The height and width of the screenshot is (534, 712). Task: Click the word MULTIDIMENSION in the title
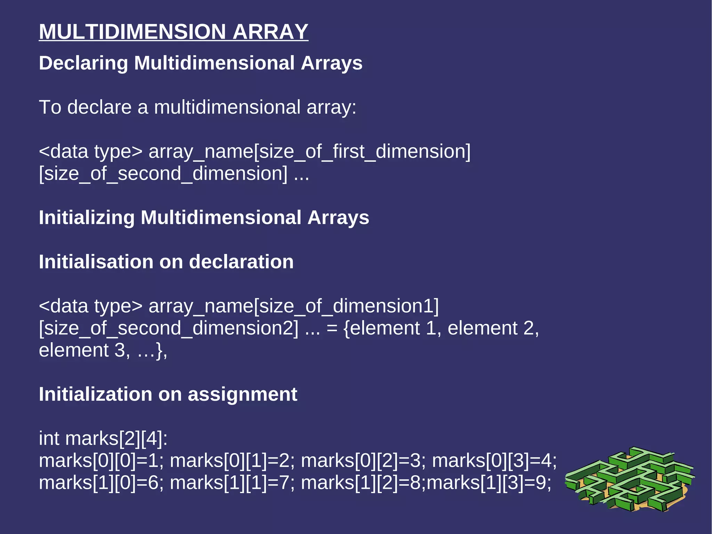pyautogui.click(x=132, y=32)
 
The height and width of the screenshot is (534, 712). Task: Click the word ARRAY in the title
pyautogui.click(x=270, y=32)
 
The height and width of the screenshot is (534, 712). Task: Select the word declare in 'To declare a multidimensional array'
pyautogui.click(x=99, y=107)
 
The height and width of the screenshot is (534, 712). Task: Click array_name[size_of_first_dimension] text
pyautogui.click(x=309, y=152)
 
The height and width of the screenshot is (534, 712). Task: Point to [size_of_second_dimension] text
pyautogui.click(x=163, y=174)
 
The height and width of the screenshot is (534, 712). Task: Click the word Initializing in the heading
pyautogui.click(x=87, y=218)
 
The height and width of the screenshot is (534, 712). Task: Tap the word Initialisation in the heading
pyautogui.click(x=96, y=262)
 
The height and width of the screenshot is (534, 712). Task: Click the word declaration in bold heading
pyautogui.click(x=241, y=262)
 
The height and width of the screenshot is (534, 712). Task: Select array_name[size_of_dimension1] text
pyautogui.click(x=294, y=306)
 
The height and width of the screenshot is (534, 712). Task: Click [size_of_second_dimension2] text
pyautogui.click(x=169, y=328)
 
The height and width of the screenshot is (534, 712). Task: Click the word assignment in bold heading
pyautogui.click(x=242, y=394)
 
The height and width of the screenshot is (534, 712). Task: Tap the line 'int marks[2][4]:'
pyautogui.click(x=103, y=438)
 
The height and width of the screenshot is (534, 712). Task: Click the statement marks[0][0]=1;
pyautogui.click(x=101, y=461)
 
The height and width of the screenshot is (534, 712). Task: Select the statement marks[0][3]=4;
pyautogui.click(x=494, y=461)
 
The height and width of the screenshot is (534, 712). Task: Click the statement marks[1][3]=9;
pyautogui.click(x=489, y=483)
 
